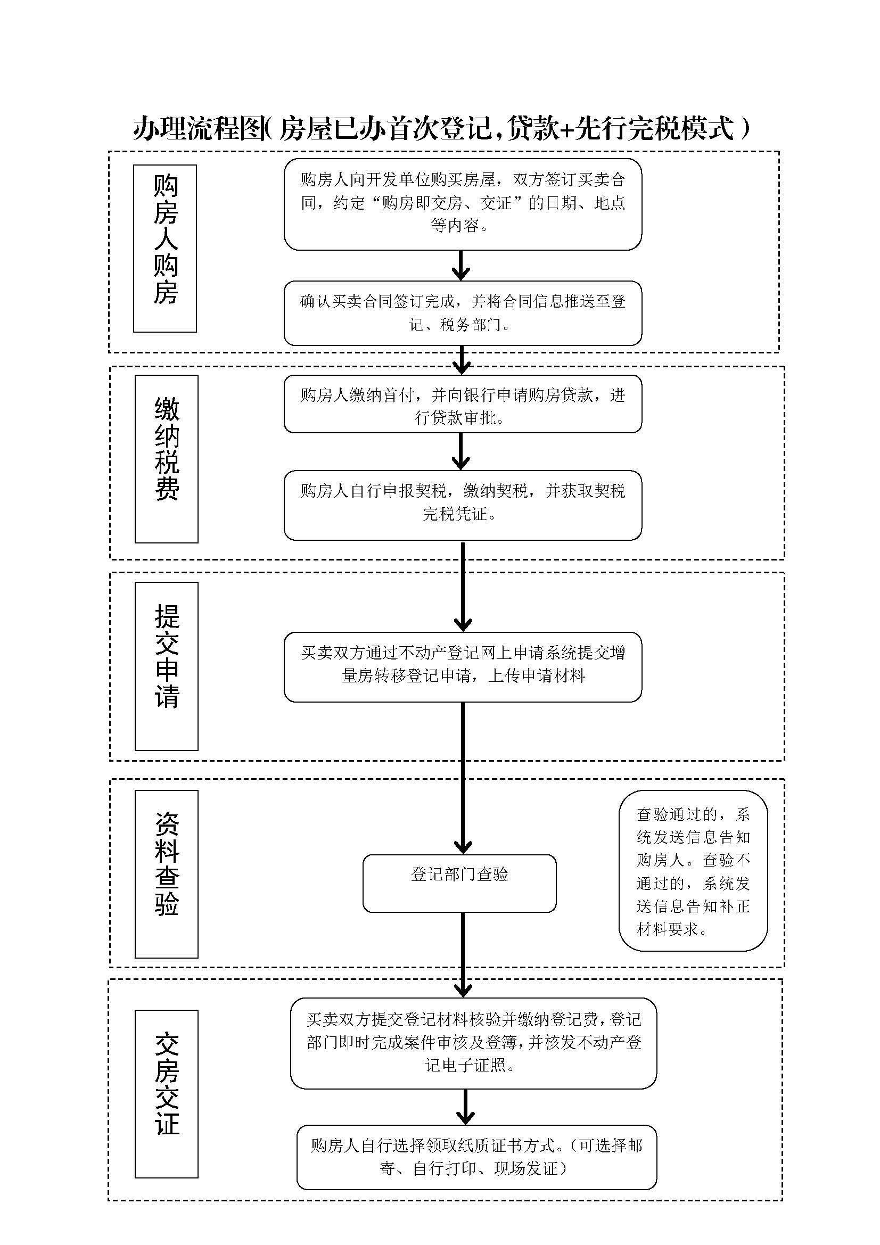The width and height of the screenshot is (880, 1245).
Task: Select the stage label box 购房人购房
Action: point(165,249)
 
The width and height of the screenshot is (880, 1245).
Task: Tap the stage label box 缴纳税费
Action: point(167,459)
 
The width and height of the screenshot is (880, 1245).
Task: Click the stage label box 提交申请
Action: point(167,666)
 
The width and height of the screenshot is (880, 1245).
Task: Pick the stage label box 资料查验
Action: point(167,873)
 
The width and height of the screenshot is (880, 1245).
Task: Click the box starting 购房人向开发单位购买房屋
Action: point(463,204)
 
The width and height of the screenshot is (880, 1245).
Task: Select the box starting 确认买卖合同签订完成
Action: point(463,313)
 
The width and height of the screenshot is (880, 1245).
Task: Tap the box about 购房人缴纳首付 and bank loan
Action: point(463,404)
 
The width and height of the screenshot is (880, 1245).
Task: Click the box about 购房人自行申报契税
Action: point(463,505)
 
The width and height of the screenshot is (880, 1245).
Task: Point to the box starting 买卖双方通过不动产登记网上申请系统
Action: point(463,666)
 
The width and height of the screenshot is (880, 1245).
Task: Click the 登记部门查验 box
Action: point(459,884)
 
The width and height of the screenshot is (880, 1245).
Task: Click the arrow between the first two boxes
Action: point(460,265)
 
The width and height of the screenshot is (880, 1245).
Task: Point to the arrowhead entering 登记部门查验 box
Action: point(463,847)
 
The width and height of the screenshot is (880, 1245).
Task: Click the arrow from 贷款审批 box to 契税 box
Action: point(460,451)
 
